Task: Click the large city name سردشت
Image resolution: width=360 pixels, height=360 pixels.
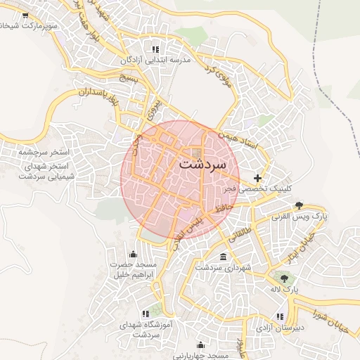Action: (202, 164)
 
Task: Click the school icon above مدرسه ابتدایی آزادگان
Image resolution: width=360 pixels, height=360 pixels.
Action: (155, 49)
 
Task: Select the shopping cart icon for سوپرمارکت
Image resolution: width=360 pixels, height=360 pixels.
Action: (25, 15)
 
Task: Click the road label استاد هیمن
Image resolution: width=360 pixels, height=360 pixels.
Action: (238, 138)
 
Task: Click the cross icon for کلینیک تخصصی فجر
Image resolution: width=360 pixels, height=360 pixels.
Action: (258, 178)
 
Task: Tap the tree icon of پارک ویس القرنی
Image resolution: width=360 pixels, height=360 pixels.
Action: (300, 205)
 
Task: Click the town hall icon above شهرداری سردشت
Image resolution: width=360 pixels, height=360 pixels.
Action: (224, 256)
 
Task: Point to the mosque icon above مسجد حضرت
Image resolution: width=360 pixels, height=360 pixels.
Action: (133, 254)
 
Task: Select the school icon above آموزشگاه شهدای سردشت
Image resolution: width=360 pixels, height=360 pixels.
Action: (146, 314)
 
